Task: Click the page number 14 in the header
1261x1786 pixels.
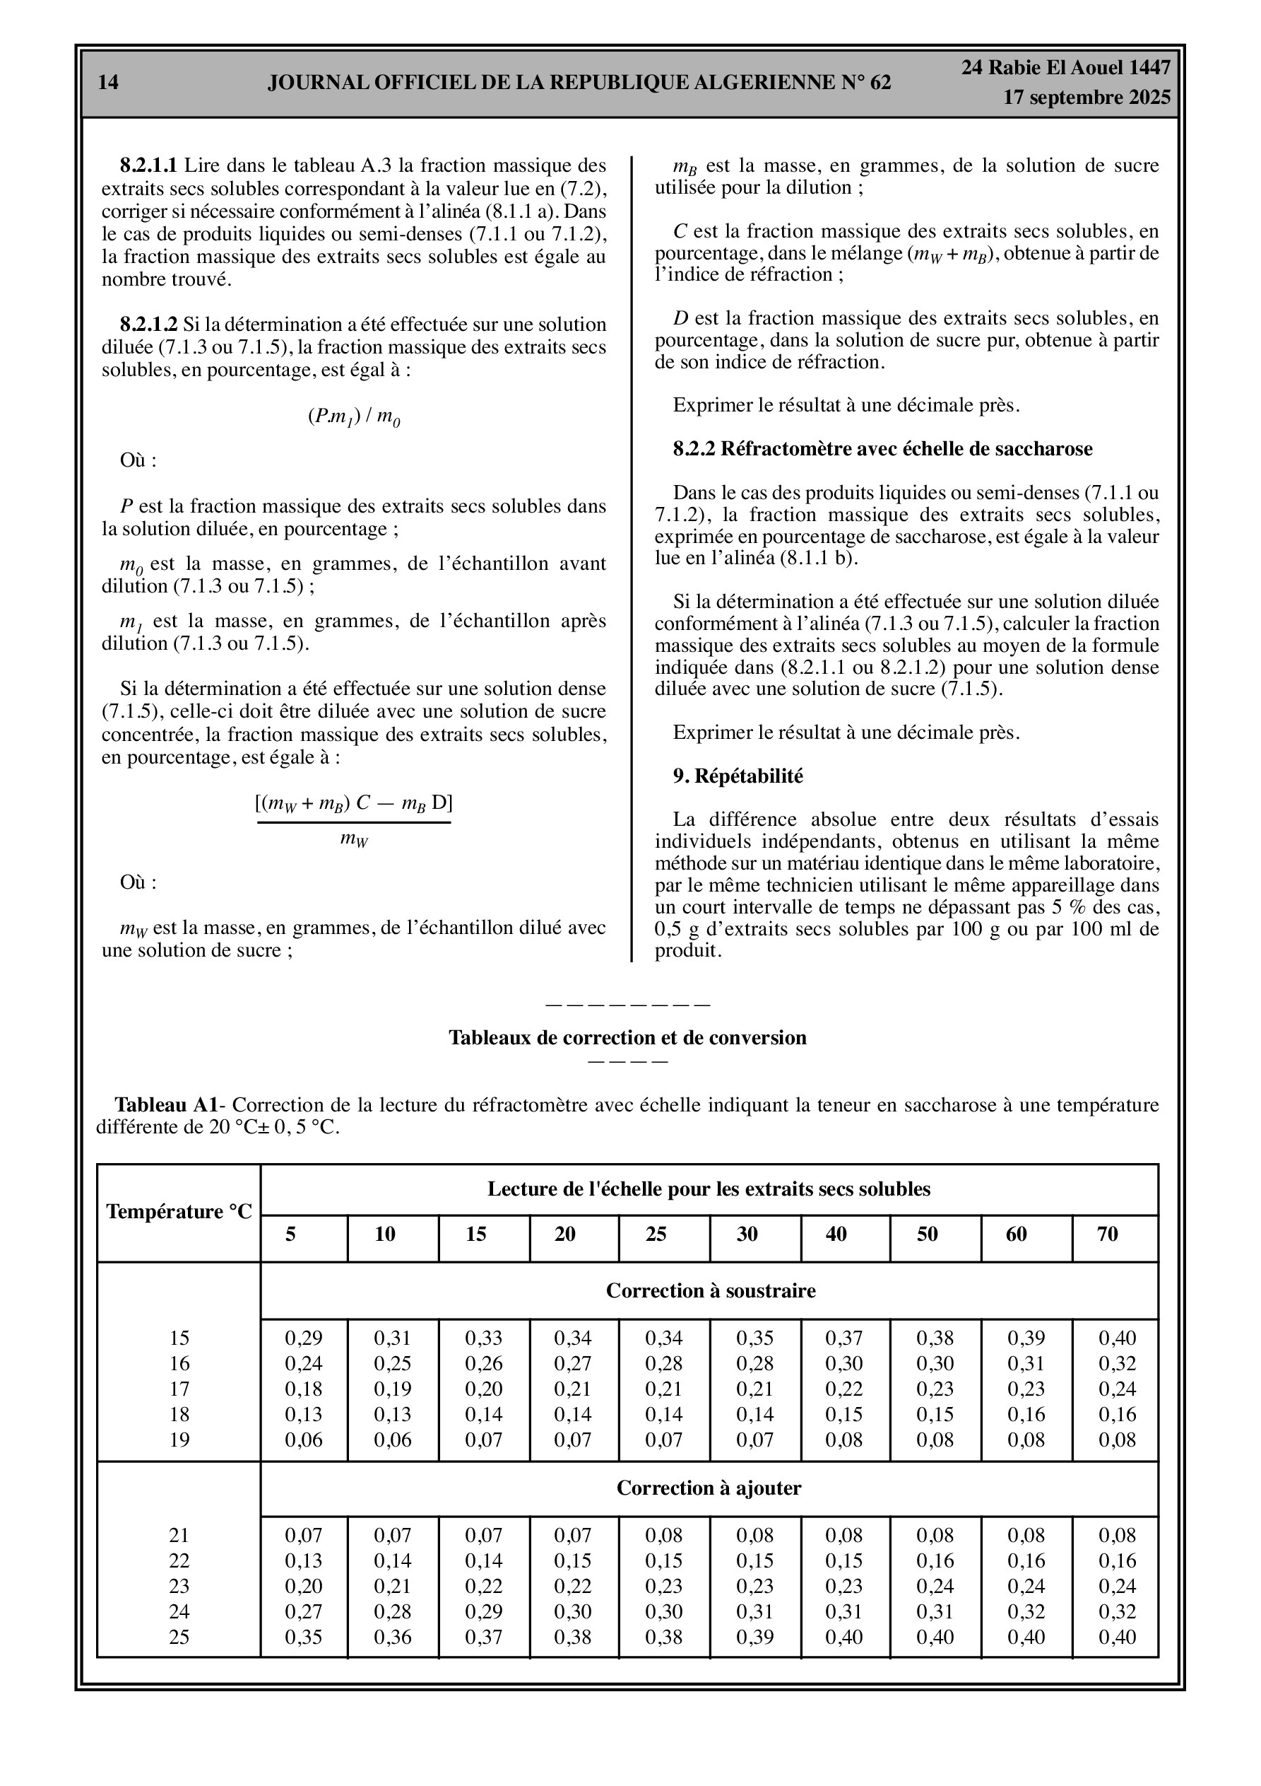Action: point(109,83)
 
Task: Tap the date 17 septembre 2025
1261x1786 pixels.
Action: point(1086,98)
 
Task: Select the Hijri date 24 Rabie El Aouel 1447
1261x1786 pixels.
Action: point(1065,68)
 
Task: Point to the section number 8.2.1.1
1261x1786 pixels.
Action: point(148,165)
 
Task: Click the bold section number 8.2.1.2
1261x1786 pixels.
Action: point(148,325)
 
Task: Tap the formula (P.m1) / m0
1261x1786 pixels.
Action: point(354,417)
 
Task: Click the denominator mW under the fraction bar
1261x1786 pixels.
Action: point(354,840)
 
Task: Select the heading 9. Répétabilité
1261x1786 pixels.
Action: point(738,776)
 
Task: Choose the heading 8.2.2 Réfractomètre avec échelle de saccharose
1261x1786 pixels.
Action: point(882,449)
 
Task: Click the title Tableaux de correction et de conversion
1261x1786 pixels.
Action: point(627,1038)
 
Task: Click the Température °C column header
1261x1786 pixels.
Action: point(179,1212)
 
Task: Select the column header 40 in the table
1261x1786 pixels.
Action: point(836,1234)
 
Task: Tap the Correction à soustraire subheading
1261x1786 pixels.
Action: point(711,1290)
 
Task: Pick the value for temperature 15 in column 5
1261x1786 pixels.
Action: point(303,1338)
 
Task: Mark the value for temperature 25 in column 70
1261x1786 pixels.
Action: point(1117,1638)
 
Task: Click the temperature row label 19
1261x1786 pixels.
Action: point(179,1440)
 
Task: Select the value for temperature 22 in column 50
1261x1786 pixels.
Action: point(935,1561)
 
